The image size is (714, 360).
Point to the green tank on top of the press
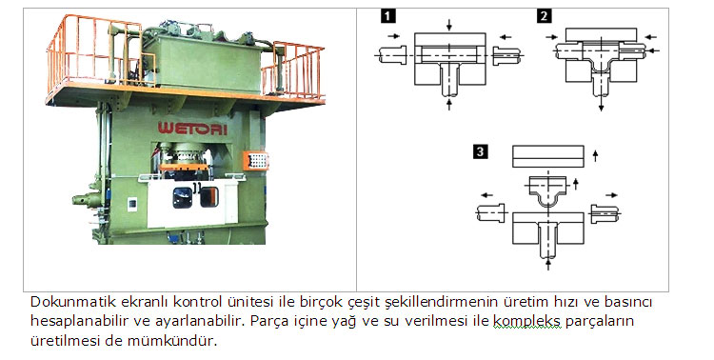[x=204, y=56]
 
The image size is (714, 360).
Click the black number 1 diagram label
[x=388, y=15]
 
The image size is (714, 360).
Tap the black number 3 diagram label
[x=482, y=151]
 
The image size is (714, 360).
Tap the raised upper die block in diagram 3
[x=547, y=156]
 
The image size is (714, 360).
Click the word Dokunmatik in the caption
[x=63, y=302]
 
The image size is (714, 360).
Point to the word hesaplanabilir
[x=75, y=321]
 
